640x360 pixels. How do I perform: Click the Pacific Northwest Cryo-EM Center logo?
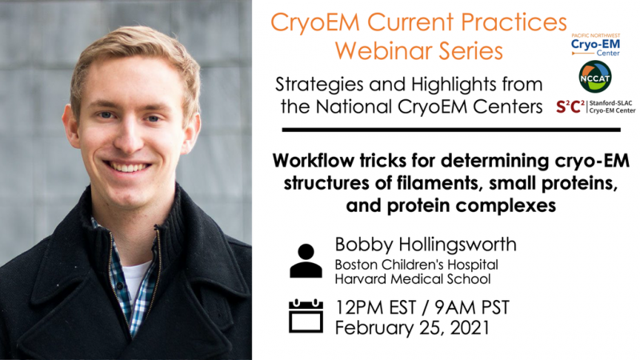click(x=595, y=45)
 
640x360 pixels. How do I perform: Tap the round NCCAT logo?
click(x=595, y=77)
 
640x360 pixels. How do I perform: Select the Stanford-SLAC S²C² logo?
click(x=595, y=107)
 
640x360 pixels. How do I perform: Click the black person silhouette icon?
click(x=306, y=261)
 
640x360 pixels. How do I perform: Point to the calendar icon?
click(x=306, y=316)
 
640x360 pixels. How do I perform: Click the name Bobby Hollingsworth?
click(x=426, y=245)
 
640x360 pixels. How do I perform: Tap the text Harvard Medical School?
click(x=413, y=279)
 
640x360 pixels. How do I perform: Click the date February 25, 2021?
click(x=412, y=328)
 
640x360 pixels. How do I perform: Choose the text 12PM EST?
click(x=375, y=307)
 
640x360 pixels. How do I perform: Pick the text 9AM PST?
click(x=472, y=307)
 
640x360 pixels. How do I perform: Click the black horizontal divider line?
click(x=451, y=130)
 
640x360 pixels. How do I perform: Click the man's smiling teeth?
click(x=128, y=167)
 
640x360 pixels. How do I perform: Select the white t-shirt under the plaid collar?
click(x=135, y=278)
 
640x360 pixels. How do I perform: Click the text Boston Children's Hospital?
click(x=416, y=265)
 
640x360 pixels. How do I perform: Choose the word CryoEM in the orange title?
click(x=314, y=23)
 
